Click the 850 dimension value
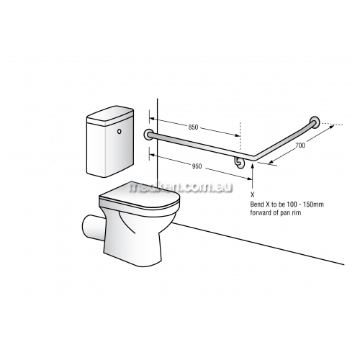coord(193,127)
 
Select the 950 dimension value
coord(197,166)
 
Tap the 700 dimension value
coord(300,145)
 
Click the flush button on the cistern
coord(120,132)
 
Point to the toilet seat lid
coord(140,198)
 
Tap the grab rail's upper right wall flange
coord(315,122)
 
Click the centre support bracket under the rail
coord(239,163)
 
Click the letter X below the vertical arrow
coord(252,195)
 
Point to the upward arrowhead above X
coord(252,166)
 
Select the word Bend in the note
coord(256,204)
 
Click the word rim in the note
coord(297,212)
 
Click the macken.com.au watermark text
coord(181,187)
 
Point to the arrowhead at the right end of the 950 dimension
coord(249,178)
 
